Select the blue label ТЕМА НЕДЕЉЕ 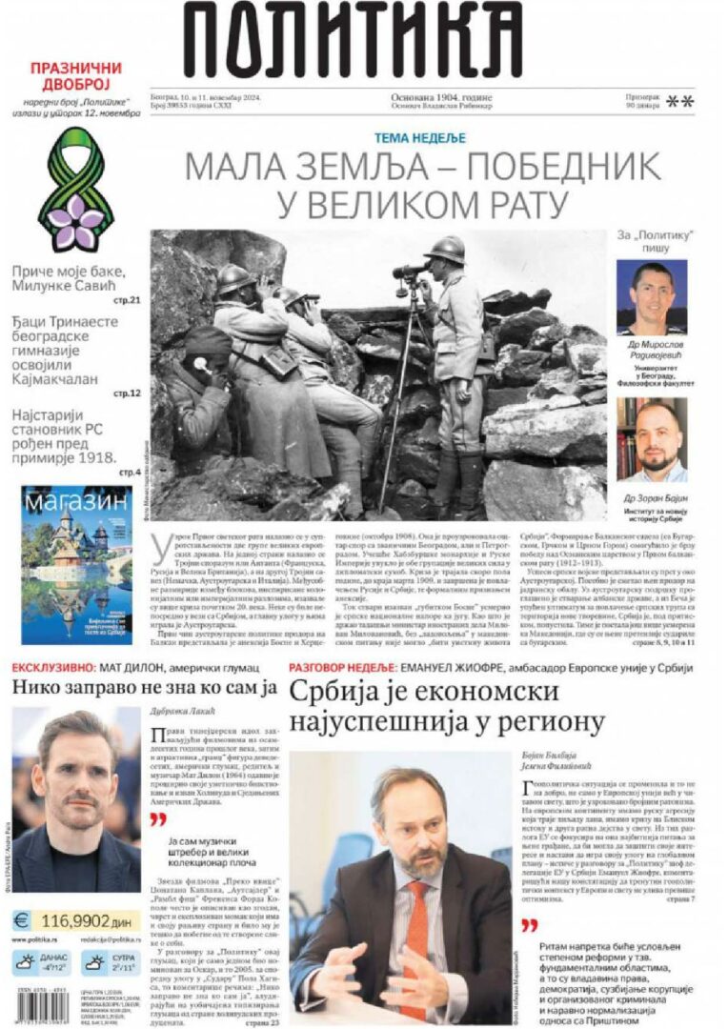pyautogui.click(x=419, y=137)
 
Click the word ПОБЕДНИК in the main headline pyautogui.click(x=552, y=167)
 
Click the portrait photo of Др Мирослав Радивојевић pyautogui.click(x=651, y=296)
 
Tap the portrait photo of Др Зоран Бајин pyautogui.click(x=651, y=438)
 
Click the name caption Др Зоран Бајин pyautogui.click(x=652, y=498)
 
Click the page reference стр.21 pyautogui.click(x=128, y=301)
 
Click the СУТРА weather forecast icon pyautogui.click(x=94, y=963)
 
